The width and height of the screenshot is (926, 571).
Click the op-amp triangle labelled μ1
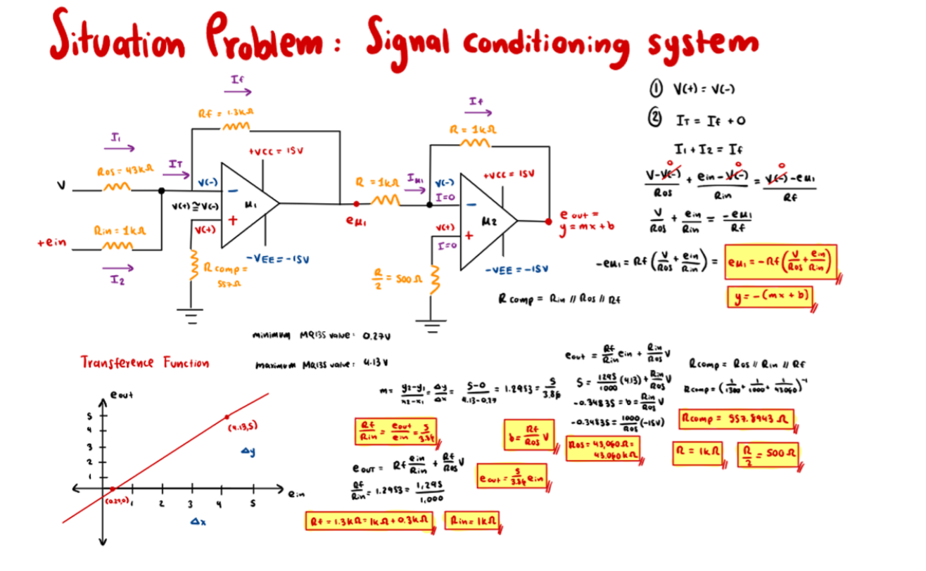pyautogui.click(x=246, y=204)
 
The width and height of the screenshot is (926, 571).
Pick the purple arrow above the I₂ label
pyautogui.click(x=118, y=267)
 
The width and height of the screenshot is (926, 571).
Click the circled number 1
pyautogui.click(x=654, y=89)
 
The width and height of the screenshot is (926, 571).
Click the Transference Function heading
pyautogui.click(x=145, y=363)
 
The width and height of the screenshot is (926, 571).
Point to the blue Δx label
pyautogui.click(x=198, y=521)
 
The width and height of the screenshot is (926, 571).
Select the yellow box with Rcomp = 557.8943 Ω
pyautogui.click(x=736, y=421)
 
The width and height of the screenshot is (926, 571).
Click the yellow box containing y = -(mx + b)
pyautogui.click(x=770, y=296)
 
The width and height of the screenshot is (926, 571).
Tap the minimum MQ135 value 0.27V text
pyautogui.click(x=321, y=336)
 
